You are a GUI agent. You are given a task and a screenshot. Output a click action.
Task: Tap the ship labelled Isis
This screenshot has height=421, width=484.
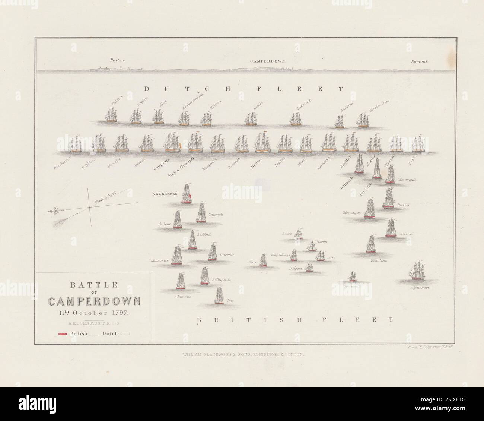coord(219,295)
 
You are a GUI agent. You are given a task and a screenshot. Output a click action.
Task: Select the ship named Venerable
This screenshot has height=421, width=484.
coord(186,194)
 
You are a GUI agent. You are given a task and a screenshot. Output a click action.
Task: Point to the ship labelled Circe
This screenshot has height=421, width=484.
coord(263,260)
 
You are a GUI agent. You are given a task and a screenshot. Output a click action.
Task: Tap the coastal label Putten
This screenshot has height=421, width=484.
coord(116,60)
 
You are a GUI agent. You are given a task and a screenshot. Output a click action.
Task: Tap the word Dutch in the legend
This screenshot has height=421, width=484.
coord(110,333)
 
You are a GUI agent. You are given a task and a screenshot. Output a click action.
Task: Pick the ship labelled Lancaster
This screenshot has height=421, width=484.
coord(177,256)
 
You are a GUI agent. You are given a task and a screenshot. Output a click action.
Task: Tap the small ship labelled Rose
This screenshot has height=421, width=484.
coord(320,256)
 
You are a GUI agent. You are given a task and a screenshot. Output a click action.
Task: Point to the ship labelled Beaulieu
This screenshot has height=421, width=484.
coord(370,244)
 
